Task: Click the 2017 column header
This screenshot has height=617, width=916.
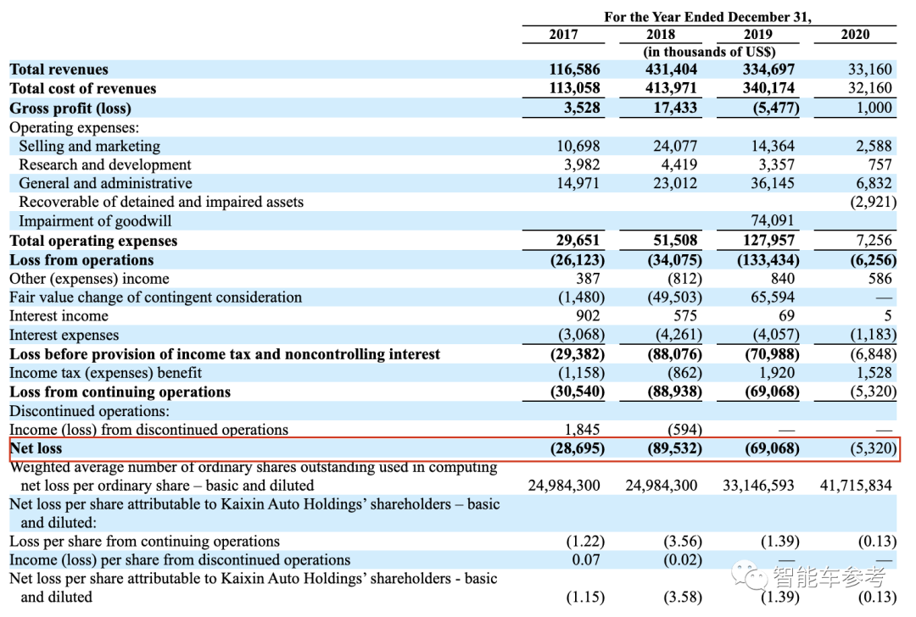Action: [563, 34]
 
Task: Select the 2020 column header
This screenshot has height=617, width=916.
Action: [855, 34]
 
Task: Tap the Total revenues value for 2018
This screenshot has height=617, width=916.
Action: [673, 69]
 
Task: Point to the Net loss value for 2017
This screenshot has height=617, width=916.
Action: [575, 448]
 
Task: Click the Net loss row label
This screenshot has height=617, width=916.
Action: [36, 448]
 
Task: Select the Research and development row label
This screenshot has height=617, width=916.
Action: [105, 164]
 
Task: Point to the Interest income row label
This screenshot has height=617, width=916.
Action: [59, 316]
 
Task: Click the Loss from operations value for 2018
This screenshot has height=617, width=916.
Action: [673, 260]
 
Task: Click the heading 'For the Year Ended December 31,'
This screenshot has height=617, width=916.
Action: [707, 16]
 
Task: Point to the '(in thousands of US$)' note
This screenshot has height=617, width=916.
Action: [709, 51]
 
